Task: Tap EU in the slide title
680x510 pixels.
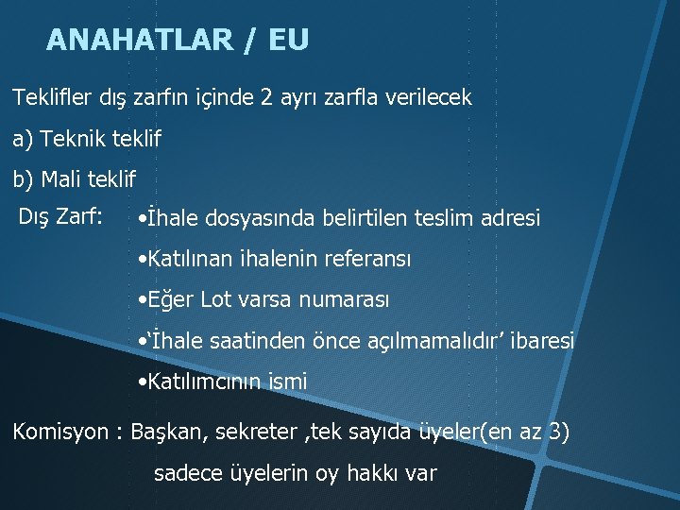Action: click(x=288, y=40)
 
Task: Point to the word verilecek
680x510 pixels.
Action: click(x=427, y=97)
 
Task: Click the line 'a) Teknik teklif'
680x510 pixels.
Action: click(x=87, y=139)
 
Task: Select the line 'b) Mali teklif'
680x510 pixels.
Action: click(x=75, y=178)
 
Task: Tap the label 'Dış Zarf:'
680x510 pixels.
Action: click(x=60, y=216)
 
